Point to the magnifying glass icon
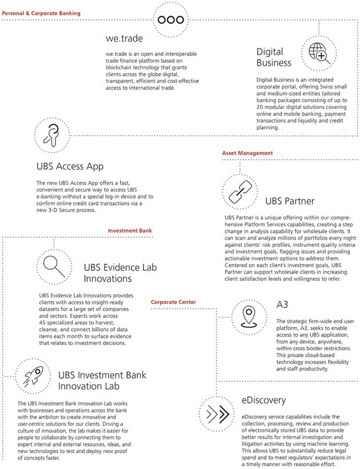(54, 265)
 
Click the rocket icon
(35, 377)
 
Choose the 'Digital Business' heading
(274, 57)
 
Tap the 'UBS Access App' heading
(69, 166)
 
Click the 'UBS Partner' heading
(289, 201)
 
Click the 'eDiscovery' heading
(264, 400)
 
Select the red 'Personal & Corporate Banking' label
(41, 12)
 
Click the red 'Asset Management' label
(247, 153)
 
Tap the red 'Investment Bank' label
(130, 230)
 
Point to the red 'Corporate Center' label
(173, 302)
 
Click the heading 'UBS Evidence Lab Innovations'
(115, 272)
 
